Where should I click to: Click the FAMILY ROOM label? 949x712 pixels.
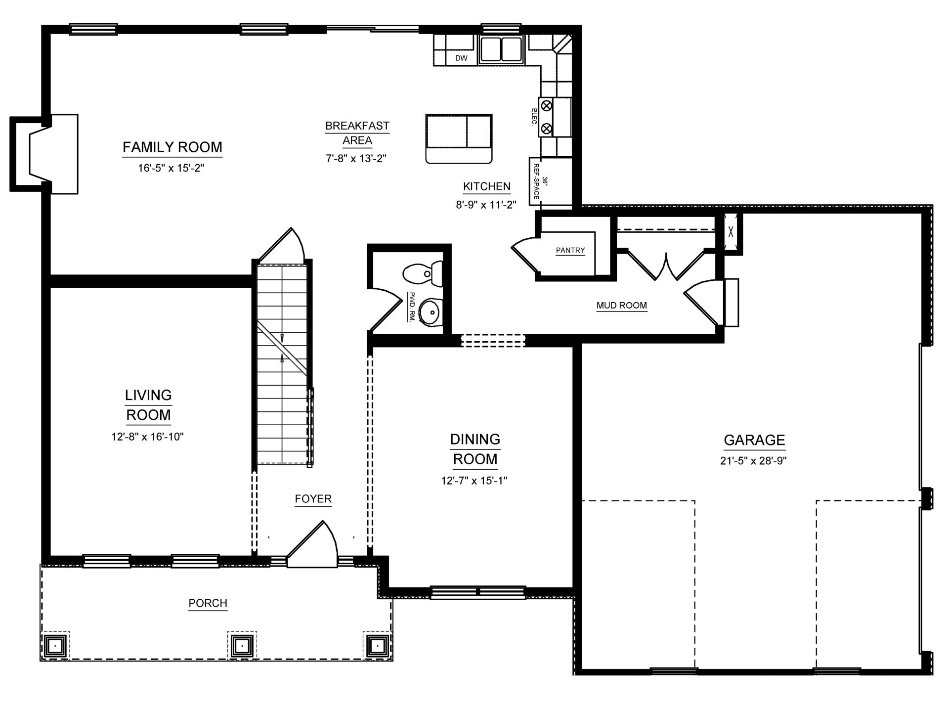point(173,147)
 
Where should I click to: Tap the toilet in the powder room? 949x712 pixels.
point(423,274)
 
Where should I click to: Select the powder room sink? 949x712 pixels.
point(431,312)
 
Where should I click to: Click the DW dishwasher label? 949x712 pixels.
point(461,58)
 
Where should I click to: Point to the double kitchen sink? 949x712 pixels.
point(501,49)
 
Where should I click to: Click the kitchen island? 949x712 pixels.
point(459,139)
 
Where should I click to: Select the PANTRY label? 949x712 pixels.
point(570,250)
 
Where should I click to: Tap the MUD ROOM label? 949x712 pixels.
point(622,306)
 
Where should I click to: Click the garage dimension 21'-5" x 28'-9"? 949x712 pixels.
point(754,461)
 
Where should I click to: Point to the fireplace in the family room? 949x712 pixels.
point(44,154)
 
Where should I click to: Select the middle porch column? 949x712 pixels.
point(242,645)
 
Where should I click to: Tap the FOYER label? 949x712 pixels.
point(313,499)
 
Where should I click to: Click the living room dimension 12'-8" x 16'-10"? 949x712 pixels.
point(148,437)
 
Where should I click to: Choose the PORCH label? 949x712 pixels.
point(208,603)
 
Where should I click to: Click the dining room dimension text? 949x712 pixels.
point(474,481)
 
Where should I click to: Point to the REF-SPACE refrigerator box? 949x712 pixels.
point(536,181)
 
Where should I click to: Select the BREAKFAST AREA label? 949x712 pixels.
point(357,133)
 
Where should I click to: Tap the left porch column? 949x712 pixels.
point(55,645)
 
